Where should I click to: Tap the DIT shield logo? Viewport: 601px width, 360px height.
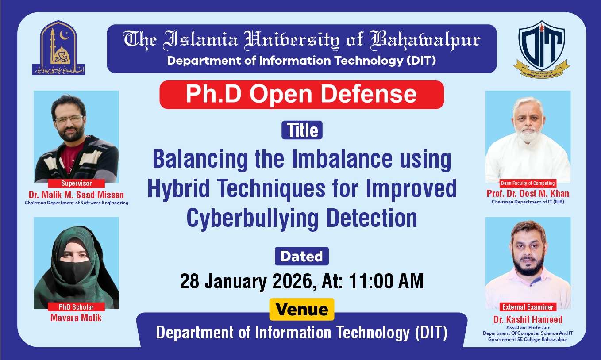tap(541, 48)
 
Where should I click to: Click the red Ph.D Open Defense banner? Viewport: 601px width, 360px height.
tap(301, 94)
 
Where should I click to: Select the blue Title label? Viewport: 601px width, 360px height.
tap(302, 130)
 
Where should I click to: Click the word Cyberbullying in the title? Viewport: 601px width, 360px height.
tap(254, 218)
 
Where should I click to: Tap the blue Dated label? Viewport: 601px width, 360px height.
tap(301, 257)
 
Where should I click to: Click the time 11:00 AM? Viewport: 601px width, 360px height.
tap(386, 281)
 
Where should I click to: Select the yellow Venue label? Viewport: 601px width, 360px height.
tap(302, 310)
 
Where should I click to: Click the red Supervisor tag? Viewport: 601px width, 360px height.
tap(76, 183)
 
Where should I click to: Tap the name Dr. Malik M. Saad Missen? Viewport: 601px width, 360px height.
tap(76, 195)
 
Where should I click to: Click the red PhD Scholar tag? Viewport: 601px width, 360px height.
tap(76, 307)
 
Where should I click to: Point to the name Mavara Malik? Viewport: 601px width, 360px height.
tap(76, 318)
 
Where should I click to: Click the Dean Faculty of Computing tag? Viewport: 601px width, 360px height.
tap(528, 183)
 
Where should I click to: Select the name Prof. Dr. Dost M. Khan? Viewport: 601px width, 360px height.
tap(528, 193)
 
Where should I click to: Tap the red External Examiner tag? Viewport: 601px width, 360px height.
tap(528, 307)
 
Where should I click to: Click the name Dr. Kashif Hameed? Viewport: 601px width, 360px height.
tap(528, 319)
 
